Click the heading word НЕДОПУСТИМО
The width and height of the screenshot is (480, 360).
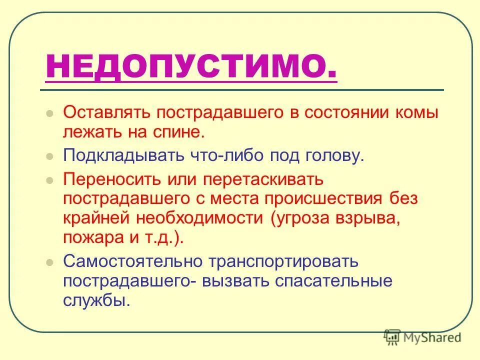click(x=190, y=66)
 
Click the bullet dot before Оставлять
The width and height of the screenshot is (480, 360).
click(x=49, y=113)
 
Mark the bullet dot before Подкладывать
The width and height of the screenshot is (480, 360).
click(x=49, y=156)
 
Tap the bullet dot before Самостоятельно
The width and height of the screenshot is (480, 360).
click(x=49, y=262)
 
